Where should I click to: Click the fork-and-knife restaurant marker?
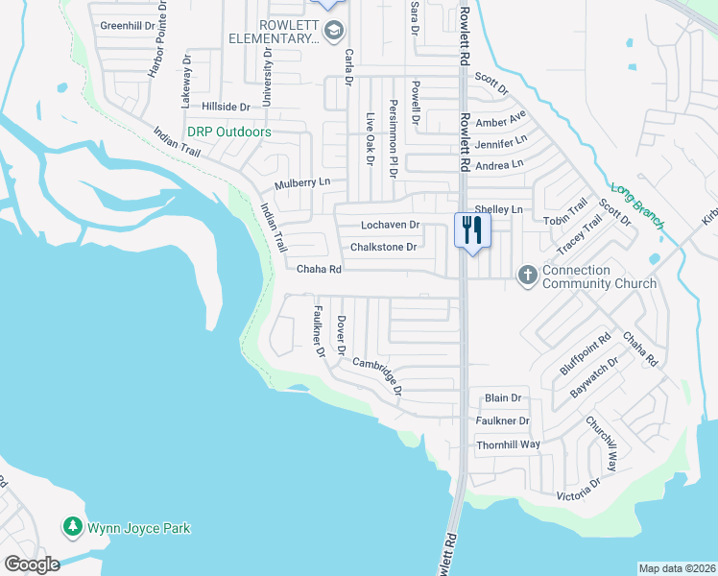pyautogui.click(x=471, y=230)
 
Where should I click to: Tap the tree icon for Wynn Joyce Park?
pyautogui.click(x=72, y=527)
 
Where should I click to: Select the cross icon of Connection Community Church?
pyautogui.click(x=527, y=276)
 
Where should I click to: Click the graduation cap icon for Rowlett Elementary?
pyautogui.click(x=333, y=32)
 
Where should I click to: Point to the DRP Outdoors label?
pyautogui.click(x=229, y=132)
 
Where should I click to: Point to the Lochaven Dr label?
pyautogui.click(x=391, y=225)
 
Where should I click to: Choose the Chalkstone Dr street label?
pyautogui.click(x=383, y=247)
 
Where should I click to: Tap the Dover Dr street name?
pyautogui.click(x=341, y=336)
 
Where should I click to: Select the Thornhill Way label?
pyautogui.click(x=509, y=445)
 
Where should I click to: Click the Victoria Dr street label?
pyautogui.click(x=579, y=490)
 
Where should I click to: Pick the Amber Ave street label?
pyautogui.click(x=501, y=120)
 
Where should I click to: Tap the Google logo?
pyautogui.click(x=32, y=564)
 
